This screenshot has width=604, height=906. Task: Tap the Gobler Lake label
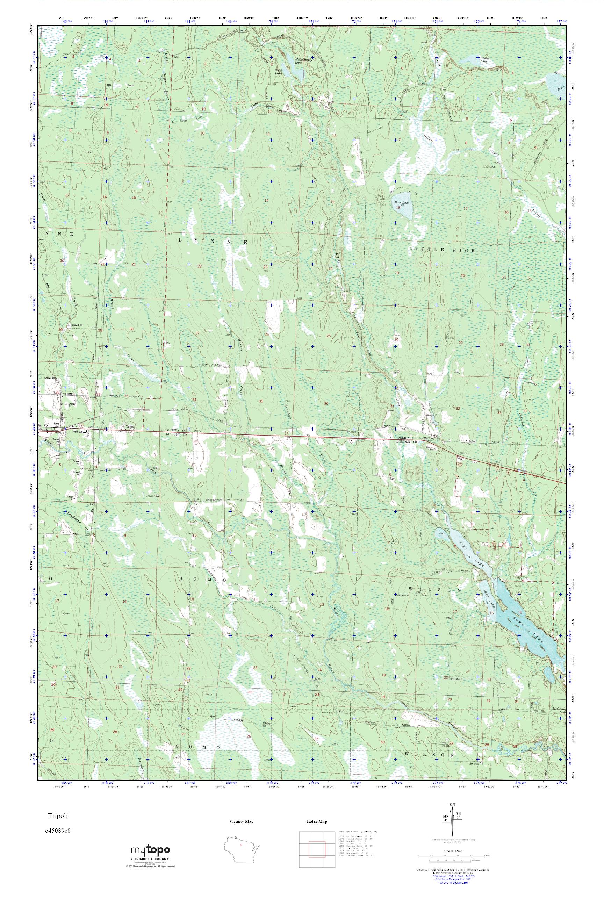pos(486,59)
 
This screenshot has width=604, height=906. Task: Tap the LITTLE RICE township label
pos(442,250)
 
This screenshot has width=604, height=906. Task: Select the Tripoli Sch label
pos(78,432)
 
